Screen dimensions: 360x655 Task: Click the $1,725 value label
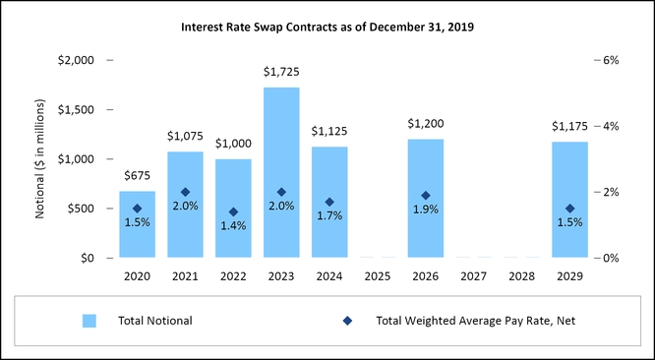pyautogui.click(x=281, y=73)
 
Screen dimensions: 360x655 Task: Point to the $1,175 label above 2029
pyautogui.click(x=569, y=127)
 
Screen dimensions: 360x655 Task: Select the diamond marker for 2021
pyautogui.click(x=185, y=193)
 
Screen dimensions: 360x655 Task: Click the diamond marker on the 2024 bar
pyautogui.click(x=329, y=203)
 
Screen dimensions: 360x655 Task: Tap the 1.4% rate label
pyautogui.click(x=233, y=225)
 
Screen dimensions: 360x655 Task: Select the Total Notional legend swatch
pyautogui.click(x=89, y=321)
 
